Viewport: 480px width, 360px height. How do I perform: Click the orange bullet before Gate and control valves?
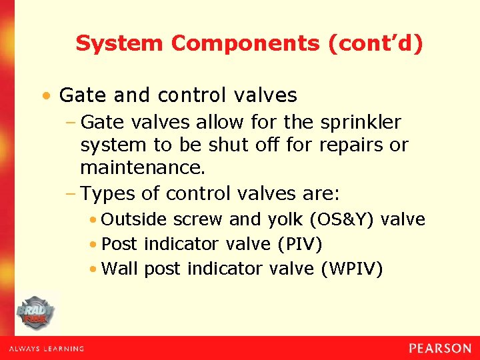45,96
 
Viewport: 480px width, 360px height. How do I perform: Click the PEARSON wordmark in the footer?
440,348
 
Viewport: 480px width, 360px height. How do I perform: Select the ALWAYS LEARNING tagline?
47,349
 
